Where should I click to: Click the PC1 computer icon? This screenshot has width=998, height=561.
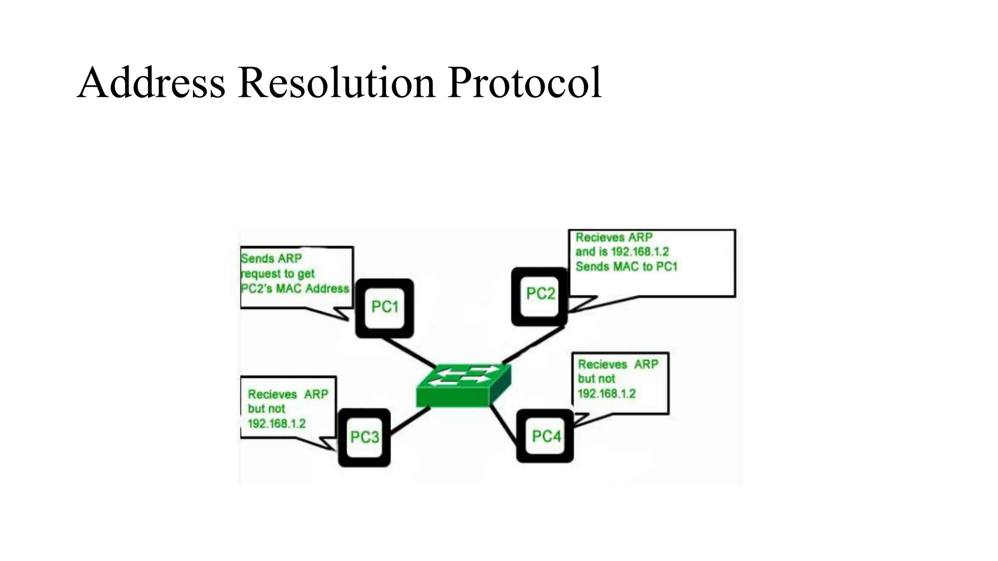pos(384,308)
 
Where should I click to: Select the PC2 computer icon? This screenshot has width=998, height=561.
pos(540,295)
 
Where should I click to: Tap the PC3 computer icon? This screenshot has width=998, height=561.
pos(364,437)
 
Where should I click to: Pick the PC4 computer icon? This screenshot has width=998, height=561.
pos(545,436)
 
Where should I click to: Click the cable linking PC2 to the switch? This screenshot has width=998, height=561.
pos(533,345)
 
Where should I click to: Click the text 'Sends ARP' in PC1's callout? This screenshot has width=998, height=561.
pos(271,259)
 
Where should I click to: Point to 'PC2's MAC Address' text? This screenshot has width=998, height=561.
pos(295,289)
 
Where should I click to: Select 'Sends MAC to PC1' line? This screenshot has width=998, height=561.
pos(626,267)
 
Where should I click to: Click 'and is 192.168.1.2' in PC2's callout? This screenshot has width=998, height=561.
pos(622,252)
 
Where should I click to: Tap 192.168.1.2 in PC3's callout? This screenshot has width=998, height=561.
pos(276,424)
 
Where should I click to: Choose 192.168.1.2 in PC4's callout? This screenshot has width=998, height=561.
pos(607,393)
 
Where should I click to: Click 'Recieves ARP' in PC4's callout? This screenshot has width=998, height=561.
pos(618,364)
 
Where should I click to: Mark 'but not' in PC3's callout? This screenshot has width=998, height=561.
pos(266,409)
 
